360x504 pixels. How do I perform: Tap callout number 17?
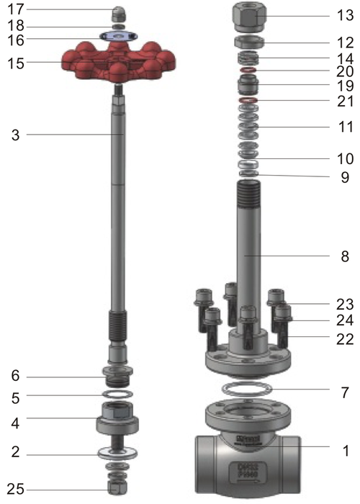point(16,9)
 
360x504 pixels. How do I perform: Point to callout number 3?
point(16,135)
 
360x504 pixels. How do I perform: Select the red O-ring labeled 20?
point(248,71)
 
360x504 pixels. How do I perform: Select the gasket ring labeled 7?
point(248,392)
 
